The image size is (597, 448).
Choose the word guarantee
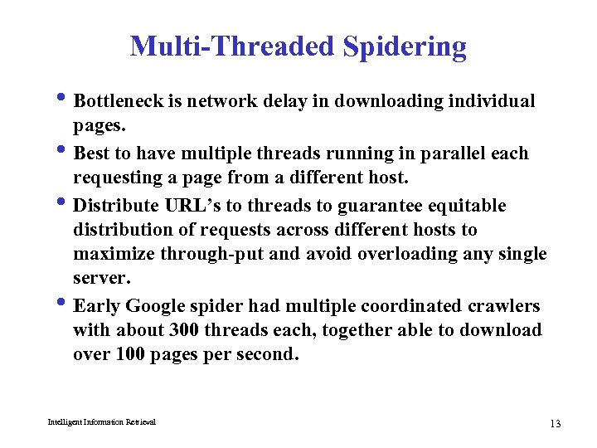coord(394,206)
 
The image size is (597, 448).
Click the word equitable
coord(470,206)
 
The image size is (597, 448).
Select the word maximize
coord(109,254)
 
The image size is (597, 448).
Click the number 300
coord(183,330)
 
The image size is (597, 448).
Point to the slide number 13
coord(555,424)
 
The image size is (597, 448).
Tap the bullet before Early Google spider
coord(66,304)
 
